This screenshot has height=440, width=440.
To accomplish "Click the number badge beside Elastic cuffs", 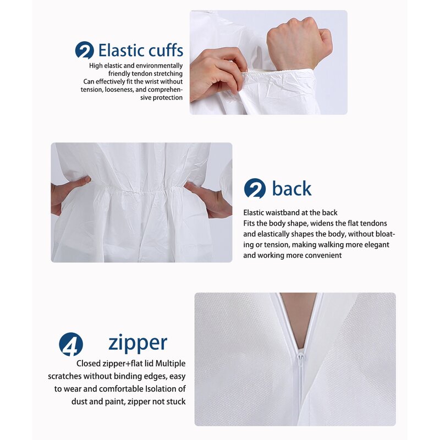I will point(84,51).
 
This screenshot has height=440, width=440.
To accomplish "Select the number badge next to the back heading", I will point(255,189).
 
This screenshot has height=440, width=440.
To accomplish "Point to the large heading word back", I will point(291,189).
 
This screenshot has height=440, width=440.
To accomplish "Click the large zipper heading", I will point(137,342).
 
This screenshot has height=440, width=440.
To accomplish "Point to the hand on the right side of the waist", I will point(212,201).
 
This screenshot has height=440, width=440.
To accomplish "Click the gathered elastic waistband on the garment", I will point(137,192).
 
